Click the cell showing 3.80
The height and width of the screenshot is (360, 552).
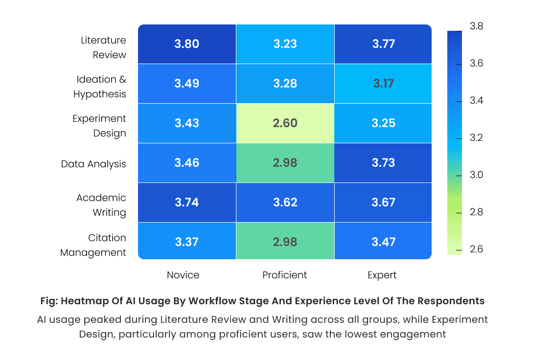(x=186, y=44)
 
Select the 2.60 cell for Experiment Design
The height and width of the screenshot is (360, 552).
(x=285, y=123)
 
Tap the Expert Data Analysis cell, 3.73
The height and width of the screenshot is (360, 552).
(x=383, y=163)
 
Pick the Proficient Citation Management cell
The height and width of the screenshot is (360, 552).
(x=285, y=242)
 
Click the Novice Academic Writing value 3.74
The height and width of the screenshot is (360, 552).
(x=186, y=202)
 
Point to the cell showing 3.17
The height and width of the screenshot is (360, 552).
(x=383, y=84)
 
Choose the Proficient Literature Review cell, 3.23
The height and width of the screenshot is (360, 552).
(x=285, y=44)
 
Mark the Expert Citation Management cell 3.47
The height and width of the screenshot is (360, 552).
(x=383, y=242)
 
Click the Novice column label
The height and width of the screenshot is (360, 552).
(x=183, y=275)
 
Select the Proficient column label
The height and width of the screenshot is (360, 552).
(x=284, y=275)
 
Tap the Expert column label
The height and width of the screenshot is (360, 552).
(x=382, y=275)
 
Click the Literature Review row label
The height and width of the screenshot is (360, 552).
(x=103, y=47)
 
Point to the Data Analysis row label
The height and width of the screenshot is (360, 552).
(x=93, y=164)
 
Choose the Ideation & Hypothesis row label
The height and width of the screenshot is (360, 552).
(x=100, y=87)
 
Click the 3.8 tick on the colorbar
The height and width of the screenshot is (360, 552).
(x=476, y=26)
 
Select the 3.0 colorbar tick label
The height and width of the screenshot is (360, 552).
(x=476, y=175)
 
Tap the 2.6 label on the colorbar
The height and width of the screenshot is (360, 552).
(x=476, y=249)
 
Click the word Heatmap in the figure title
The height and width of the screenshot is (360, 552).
(x=82, y=301)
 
